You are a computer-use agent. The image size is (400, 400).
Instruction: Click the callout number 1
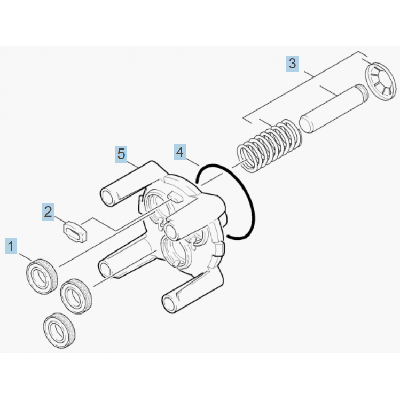(11, 246)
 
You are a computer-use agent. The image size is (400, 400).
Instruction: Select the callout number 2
(48, 211)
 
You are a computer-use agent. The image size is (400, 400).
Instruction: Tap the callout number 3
(292, 63)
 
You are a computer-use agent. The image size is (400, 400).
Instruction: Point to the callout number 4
(180, 152)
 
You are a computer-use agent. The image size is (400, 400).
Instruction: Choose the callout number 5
(121, 154)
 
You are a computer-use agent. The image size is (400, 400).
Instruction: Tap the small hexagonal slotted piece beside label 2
(75, 231)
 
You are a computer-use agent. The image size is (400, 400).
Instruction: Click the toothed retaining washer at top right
(381, 81)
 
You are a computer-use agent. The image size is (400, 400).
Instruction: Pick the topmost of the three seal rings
(42, 276)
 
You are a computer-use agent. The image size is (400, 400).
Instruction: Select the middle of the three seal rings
(76, 296)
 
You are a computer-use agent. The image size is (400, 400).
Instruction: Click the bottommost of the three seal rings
(59, 330)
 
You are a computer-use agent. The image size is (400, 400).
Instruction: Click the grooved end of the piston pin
(362, 94)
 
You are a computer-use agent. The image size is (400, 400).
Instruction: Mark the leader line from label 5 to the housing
(132, 164)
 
